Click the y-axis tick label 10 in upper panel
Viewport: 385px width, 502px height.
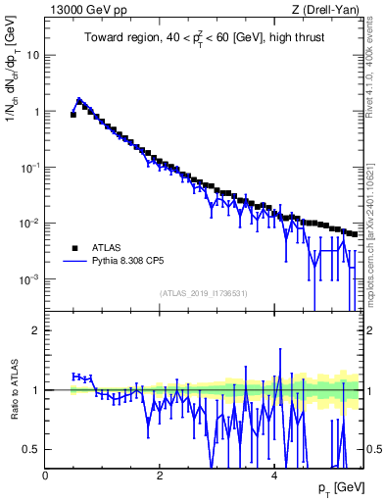(32, 55)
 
